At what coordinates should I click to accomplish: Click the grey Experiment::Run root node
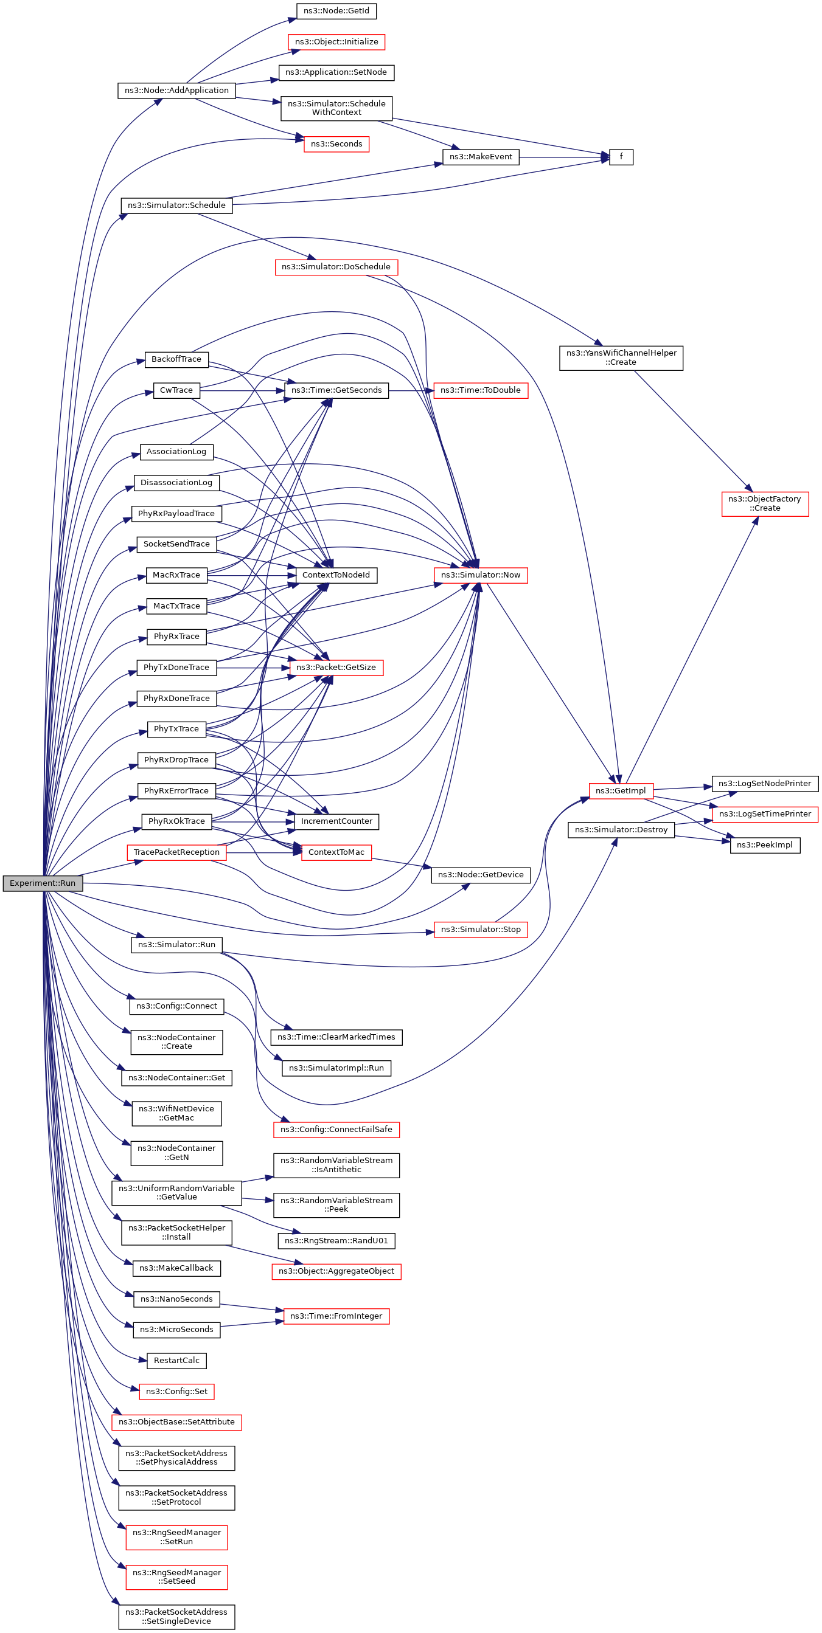point(43,883)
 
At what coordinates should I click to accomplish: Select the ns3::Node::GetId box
point(336,11)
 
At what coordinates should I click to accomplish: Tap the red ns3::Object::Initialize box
point(336,42)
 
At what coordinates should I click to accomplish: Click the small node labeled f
point(621,157)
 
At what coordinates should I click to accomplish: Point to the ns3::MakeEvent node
point(481,157)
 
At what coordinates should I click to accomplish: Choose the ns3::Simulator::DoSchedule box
point(336,267)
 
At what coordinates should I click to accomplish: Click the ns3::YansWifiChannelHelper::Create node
point(621,357)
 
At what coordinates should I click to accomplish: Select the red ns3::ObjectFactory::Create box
point(764,503)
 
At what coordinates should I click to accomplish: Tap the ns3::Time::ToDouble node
point(480,390)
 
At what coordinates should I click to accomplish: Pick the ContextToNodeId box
point(336,575)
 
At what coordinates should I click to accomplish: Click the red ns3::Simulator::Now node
point(480,575)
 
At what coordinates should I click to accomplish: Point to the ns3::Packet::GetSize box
point(336,668)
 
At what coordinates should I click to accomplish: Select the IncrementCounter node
point(336,821)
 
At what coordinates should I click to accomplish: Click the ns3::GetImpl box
point(621,790)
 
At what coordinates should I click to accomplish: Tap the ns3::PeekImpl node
point(764,845)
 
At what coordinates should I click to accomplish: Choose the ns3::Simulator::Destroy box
point(621,830)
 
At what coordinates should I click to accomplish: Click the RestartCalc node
point(176,1361)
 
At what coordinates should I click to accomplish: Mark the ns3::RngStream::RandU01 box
point(336,1241)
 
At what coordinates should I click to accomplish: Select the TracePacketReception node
point(176,852)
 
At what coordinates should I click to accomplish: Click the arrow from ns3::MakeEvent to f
point(564,157)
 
